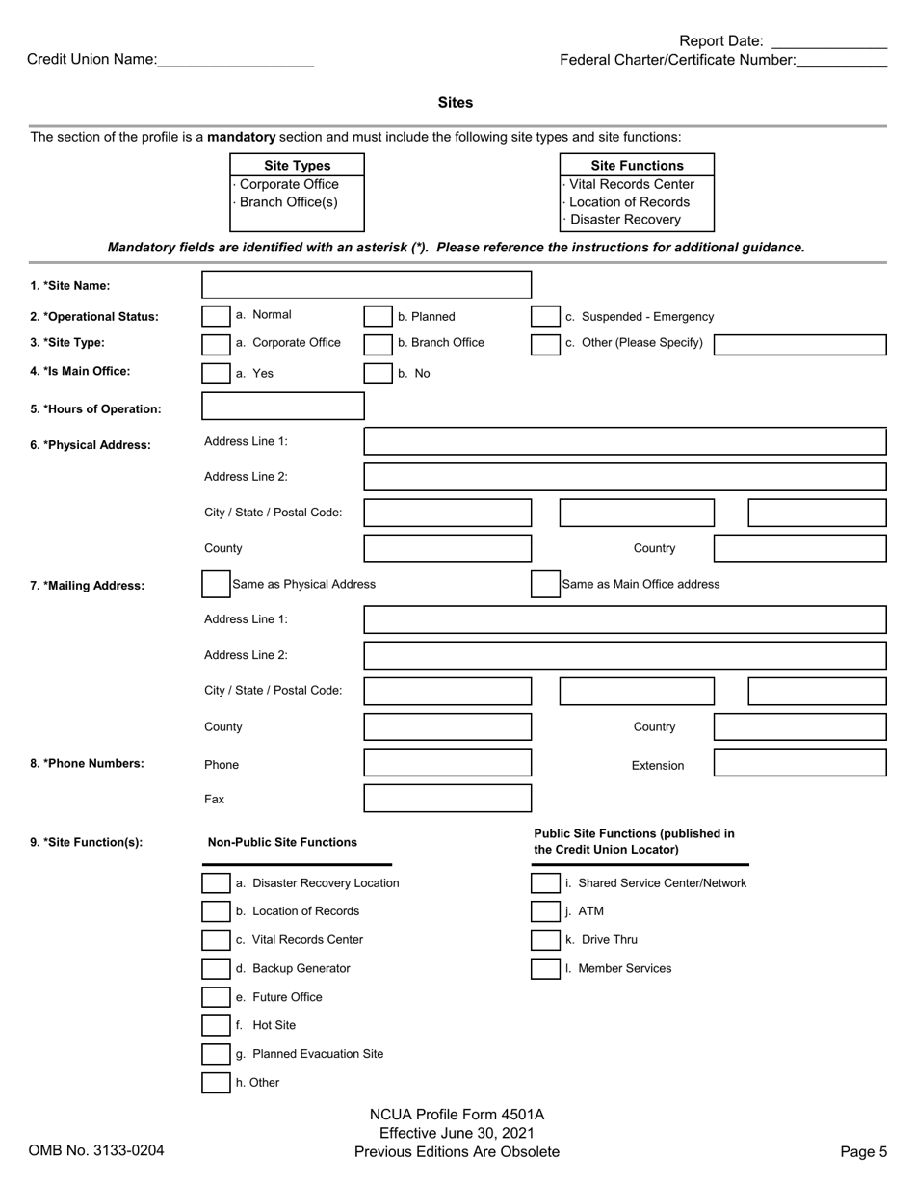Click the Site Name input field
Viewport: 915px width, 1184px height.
pos(366,284)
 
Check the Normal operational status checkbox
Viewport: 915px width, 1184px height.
pos(216,317)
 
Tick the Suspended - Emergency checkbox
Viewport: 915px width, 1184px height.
pos(545,317)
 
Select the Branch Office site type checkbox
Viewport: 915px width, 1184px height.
pos(378,344)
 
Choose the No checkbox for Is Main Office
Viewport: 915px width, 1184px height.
pos(378,374)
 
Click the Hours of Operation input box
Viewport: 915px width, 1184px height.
pos(283,407)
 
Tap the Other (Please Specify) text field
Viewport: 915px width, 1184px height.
pos(799,345)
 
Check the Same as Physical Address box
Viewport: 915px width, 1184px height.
pos(216,584)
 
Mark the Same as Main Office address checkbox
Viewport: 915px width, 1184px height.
pos(545,584)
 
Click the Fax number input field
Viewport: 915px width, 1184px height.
pos(447,799)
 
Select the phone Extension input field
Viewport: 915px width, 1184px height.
pos(799,763)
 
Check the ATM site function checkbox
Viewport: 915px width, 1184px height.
pos(545,911)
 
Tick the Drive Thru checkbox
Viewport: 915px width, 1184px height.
pos(545,940)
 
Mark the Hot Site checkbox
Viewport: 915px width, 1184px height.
pos(216,1026)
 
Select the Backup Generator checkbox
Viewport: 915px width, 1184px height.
pos(216,969)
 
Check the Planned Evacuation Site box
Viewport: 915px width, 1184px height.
pos(216,1055)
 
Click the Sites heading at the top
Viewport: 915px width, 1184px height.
pos(456,103)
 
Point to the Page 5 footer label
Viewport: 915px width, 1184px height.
pos(863,1151)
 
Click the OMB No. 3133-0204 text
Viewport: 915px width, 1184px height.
pos(96,1150)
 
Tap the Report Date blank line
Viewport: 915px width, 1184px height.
pos(829,42)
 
